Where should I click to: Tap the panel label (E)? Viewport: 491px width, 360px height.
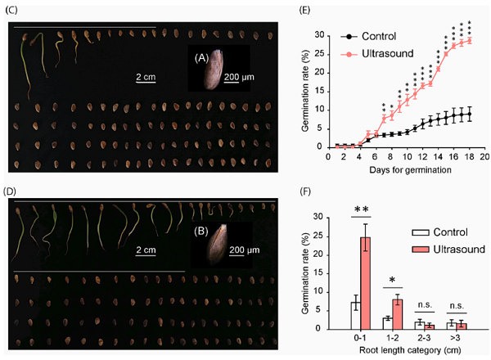click(329, 14)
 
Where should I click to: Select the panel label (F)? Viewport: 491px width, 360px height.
click(329, 196)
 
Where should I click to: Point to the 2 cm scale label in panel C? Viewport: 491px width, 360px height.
click(147, 78)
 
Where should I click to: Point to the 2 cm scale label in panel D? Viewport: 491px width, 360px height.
click(147, 248)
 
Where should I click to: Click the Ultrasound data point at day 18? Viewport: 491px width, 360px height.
click(469, 40)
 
